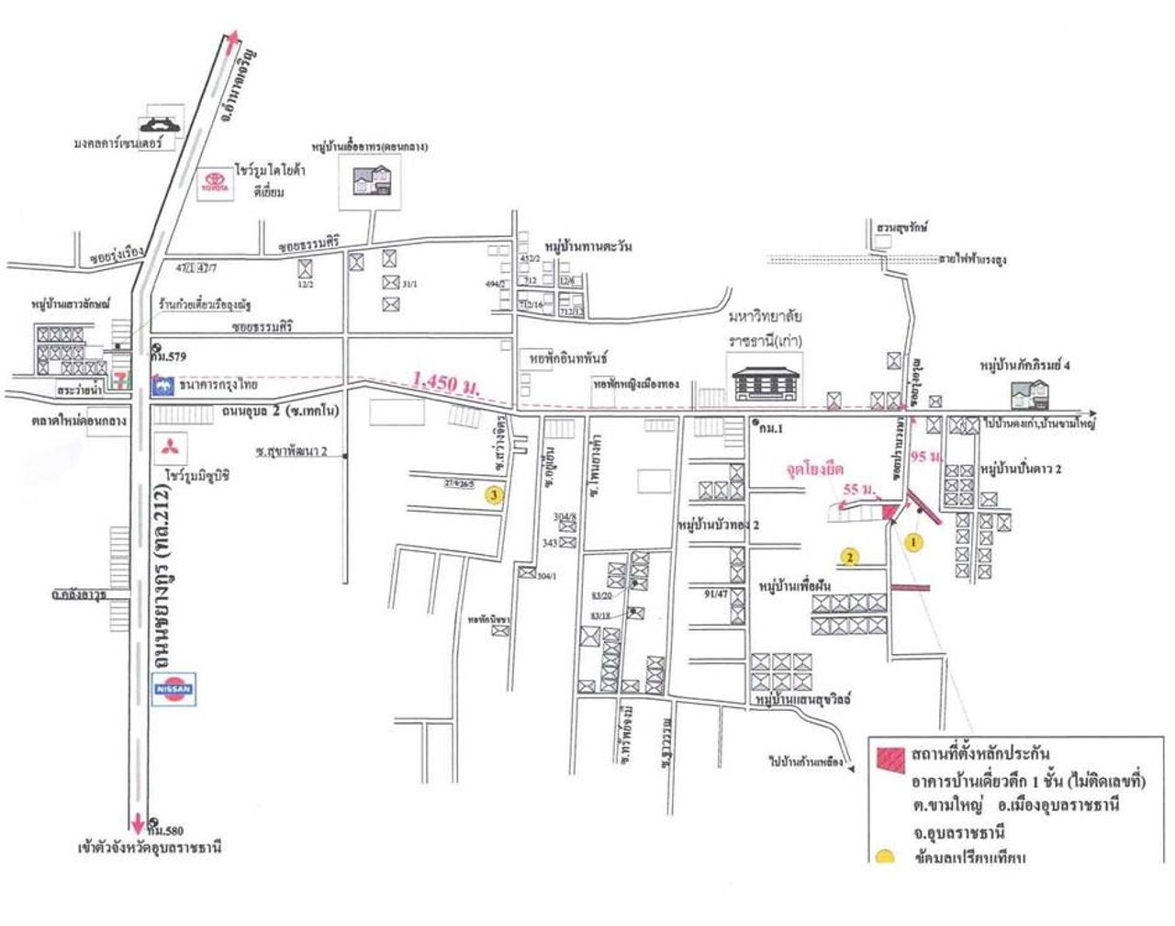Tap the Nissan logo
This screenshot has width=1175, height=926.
(173, 689)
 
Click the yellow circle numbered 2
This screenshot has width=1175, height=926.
(851, 556)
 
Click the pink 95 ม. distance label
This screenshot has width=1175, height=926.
(929, 455)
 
